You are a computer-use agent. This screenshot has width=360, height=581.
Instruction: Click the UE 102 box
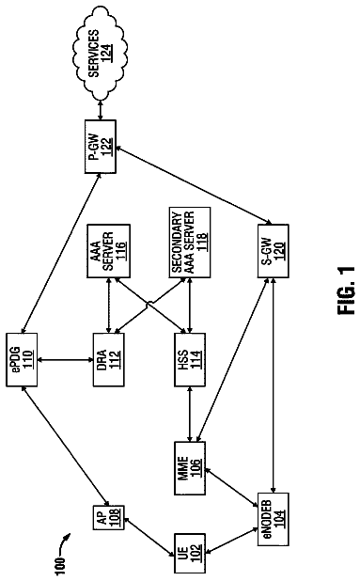[x=189, y=554]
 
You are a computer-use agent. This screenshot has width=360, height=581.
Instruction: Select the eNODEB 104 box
[x=273, y=519]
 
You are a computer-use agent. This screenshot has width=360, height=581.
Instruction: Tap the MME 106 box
[x=189, y=468]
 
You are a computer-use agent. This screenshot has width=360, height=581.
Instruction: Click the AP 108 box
[x=108, y=518]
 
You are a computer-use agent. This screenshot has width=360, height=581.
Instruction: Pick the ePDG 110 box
[x=22, y=360]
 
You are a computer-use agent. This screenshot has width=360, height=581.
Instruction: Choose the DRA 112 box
[x=108, y=360]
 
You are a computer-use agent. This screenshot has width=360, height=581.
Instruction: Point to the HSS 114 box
[x=189, y=360]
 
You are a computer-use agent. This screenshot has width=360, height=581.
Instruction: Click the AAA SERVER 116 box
[x=108, y=251]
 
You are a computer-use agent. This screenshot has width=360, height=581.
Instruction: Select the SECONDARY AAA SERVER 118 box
[x=190, y=243]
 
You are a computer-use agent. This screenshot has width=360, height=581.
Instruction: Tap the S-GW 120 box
[x=273, y=251]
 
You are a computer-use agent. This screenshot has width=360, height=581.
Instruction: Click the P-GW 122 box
[x=101, y=147]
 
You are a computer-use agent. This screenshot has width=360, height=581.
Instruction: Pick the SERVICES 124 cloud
[x=99, y=53]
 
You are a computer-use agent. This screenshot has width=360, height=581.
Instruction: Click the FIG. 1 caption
[x=346, y=290]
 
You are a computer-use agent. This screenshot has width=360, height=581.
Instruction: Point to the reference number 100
[x=59, y=566]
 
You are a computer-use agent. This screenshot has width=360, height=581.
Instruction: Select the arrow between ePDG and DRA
[x=65, y=360]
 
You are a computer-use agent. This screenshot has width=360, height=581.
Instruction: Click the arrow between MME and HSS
[x=190, y=415]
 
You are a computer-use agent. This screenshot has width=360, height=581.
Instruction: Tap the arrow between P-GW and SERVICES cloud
[x=101, y=110]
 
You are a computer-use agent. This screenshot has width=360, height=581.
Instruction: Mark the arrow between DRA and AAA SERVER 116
[x=108, y=306]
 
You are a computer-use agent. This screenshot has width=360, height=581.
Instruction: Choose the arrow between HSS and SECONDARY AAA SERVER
[x=190, y=306]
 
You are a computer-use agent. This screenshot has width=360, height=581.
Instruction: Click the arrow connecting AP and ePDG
[x=65, y=446]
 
